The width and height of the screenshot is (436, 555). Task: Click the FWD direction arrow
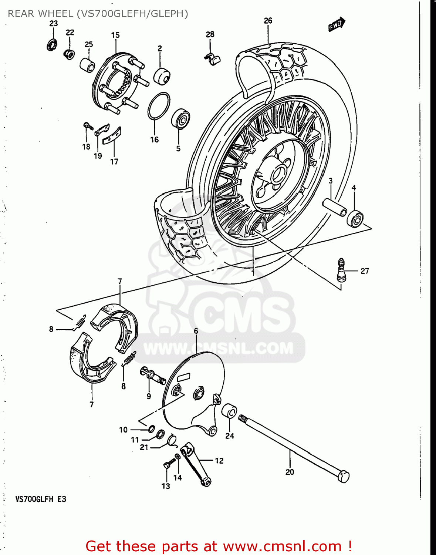coord(337,25)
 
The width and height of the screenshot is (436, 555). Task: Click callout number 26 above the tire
coord(268,21)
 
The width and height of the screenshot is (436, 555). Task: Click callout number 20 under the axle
coord(290,472)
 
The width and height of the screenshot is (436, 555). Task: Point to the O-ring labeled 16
coord(159,106)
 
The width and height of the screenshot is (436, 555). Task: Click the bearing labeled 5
coord(180,119)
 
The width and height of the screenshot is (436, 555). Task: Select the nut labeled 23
coord(51,45)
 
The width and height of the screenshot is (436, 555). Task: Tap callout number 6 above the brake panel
coord(196,330)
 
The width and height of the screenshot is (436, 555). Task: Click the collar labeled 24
coord(229,411)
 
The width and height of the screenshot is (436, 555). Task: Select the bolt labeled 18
coord(88,126)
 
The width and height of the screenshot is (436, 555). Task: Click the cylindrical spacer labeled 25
coord(88,65)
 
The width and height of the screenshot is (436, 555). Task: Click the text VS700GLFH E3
coord(41,499)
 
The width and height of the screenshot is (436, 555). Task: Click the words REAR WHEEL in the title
coord(40,14)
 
